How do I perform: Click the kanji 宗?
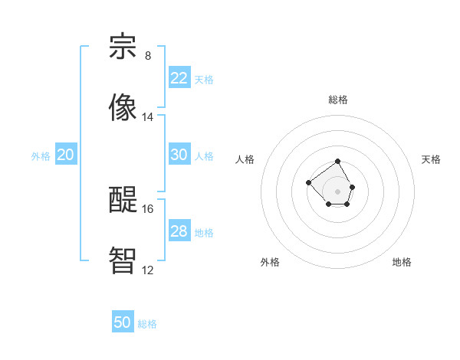[123, 47]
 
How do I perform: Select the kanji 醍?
[123, 198]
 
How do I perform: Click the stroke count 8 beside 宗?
[148, 56]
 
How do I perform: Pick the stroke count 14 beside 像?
[148, 117]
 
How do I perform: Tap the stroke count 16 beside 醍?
[148, 208]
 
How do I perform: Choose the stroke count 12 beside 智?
[148, 270]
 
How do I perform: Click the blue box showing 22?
[179, 78]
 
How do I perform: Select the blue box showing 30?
[179, 155]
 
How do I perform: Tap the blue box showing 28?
[179, 231]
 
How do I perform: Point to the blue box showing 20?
[66, 155]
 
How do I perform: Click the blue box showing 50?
[123, 322]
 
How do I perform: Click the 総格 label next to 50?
[147, 324]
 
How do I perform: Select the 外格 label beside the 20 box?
[41, 156]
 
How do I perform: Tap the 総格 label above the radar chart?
[338, 100]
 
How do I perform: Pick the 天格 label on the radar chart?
[431, 159]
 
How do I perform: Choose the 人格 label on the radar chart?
[245, 159]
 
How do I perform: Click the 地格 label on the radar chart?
[402, 262]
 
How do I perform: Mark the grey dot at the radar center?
[338, 191]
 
